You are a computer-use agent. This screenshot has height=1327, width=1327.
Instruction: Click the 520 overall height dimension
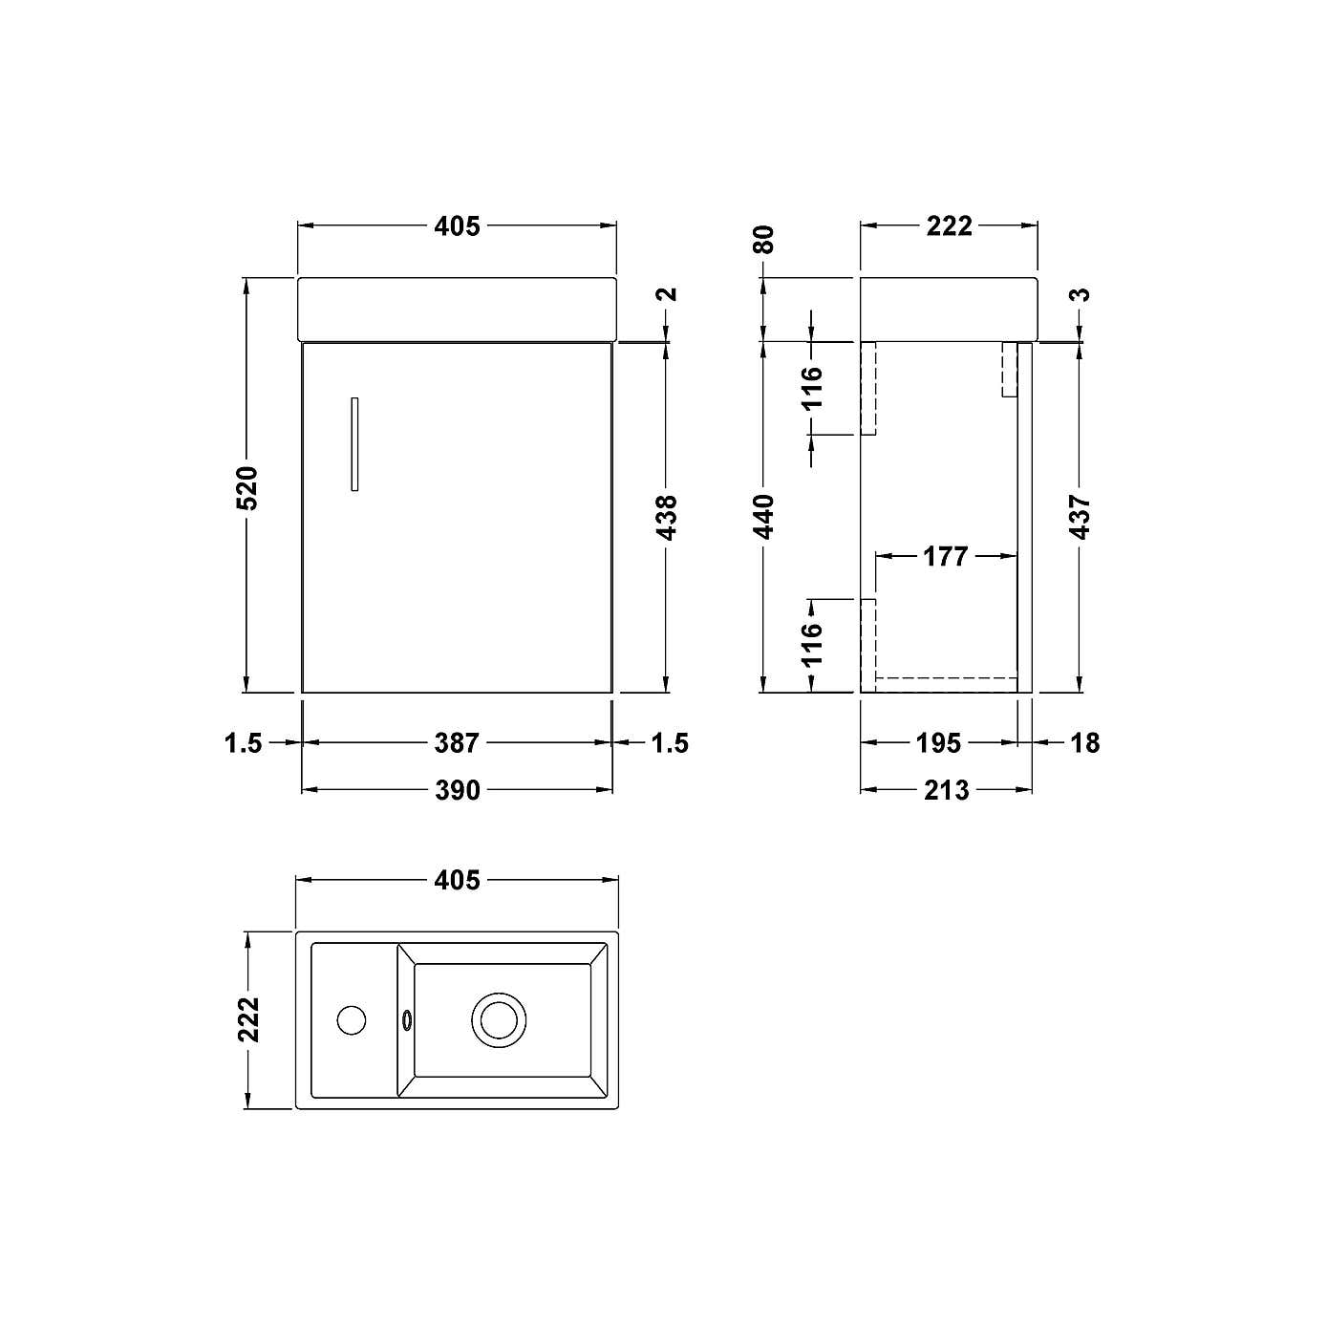pyautogui.click(x=246, y=487)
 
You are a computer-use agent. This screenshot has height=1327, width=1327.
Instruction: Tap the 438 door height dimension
pyautogui.click(x=668, y=516)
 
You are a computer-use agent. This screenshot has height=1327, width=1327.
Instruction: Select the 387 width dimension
pyautogui.click(x=457, y=742)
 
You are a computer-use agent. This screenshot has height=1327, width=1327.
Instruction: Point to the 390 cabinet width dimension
pyautogui.click(x=457, y=790)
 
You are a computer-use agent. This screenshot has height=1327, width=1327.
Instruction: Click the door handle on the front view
pyautogui.click(x=354, y=444)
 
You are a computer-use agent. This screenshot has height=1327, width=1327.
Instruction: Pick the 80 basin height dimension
pyautogui.click(x=763, y=239)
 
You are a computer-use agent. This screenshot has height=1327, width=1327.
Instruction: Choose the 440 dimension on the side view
pyautogui.click(x=763, y=516)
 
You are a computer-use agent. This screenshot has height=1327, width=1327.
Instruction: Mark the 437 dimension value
pyautogui.click(x=1081, y=516)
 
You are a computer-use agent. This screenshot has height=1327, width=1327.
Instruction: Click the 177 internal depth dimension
pyautogui.click(x=946, y=556)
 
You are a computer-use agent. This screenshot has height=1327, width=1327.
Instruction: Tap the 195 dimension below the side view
pyautogui.click(x=938, y=742)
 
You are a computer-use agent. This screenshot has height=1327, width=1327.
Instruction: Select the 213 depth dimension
pyautogui.click(x=946, y=790)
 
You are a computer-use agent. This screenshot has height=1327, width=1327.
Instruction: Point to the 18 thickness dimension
pyautogui.click(x=1084, y=742)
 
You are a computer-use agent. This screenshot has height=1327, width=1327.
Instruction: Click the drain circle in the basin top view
pyautogui.click(x=499, y=1019)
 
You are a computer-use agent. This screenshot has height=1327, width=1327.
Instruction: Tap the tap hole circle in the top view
pyautogui.click(x=352, y=1019)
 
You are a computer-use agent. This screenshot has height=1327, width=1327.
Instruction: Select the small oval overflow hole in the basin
pyautogui.click(x=408, y=1020)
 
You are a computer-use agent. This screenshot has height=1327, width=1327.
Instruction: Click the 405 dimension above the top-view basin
pyautogui.click(x=457, y=879)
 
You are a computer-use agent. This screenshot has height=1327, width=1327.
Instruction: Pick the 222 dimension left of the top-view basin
pyautogui.click(x=248, y=1019)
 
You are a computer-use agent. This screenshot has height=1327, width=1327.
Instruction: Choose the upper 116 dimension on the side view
pyautogui.click(x=811, y=387)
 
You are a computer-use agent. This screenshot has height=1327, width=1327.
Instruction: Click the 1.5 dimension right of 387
pyautogui.click(x=669, y=742)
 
